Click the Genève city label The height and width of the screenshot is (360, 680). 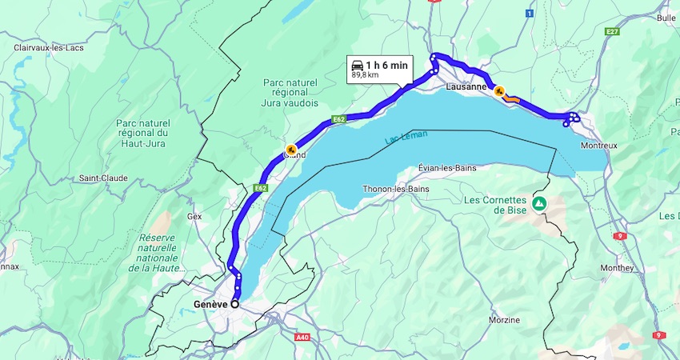coord(210,304)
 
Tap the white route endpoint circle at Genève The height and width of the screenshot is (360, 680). coord(235,304)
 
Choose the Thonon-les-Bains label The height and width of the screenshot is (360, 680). coord(395,189)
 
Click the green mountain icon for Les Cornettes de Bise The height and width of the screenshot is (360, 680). coord(540,204)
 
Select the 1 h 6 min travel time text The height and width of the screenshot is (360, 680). coord(387,65)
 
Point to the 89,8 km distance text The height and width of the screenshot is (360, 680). coord(365,75)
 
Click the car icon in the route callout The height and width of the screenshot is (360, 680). coord(358,65)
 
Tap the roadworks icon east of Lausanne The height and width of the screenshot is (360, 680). coord(499,92)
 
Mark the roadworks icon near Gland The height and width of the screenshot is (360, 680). coord(291,149)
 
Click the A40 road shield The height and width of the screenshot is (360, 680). coord(302,338)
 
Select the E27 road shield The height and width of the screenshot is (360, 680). coord(613,31)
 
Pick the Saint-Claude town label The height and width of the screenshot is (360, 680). coord(103,178)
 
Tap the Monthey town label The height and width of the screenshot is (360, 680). coord(615,267)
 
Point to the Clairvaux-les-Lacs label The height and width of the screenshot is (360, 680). coord(49,48)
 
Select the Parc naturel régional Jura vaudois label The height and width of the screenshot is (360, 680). coord(290,93)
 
